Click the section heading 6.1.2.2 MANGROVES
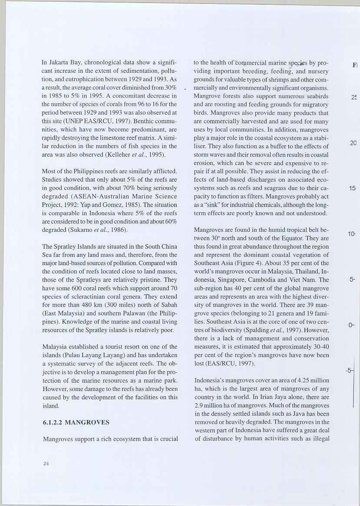click(x=76, y=422)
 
